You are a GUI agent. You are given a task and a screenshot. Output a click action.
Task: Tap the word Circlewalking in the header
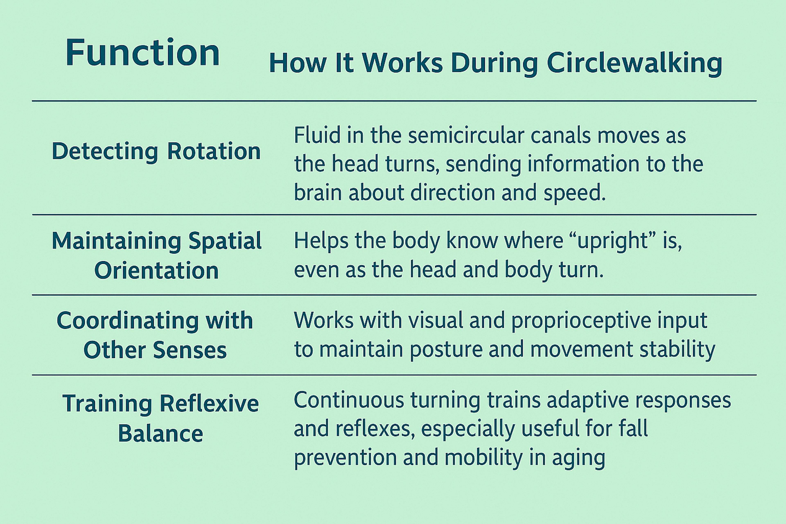coord(635,63)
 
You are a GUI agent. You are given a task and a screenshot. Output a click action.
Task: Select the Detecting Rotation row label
coord(156,152)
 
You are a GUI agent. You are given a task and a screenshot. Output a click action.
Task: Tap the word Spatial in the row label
coord(225,241)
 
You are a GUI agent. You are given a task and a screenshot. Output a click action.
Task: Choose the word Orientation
coord(156,270)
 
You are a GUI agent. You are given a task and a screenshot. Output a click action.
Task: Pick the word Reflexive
coord(209,403)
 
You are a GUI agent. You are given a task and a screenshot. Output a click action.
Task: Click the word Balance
coord(161,434)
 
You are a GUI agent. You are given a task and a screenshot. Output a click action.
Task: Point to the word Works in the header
coord(403,63)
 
